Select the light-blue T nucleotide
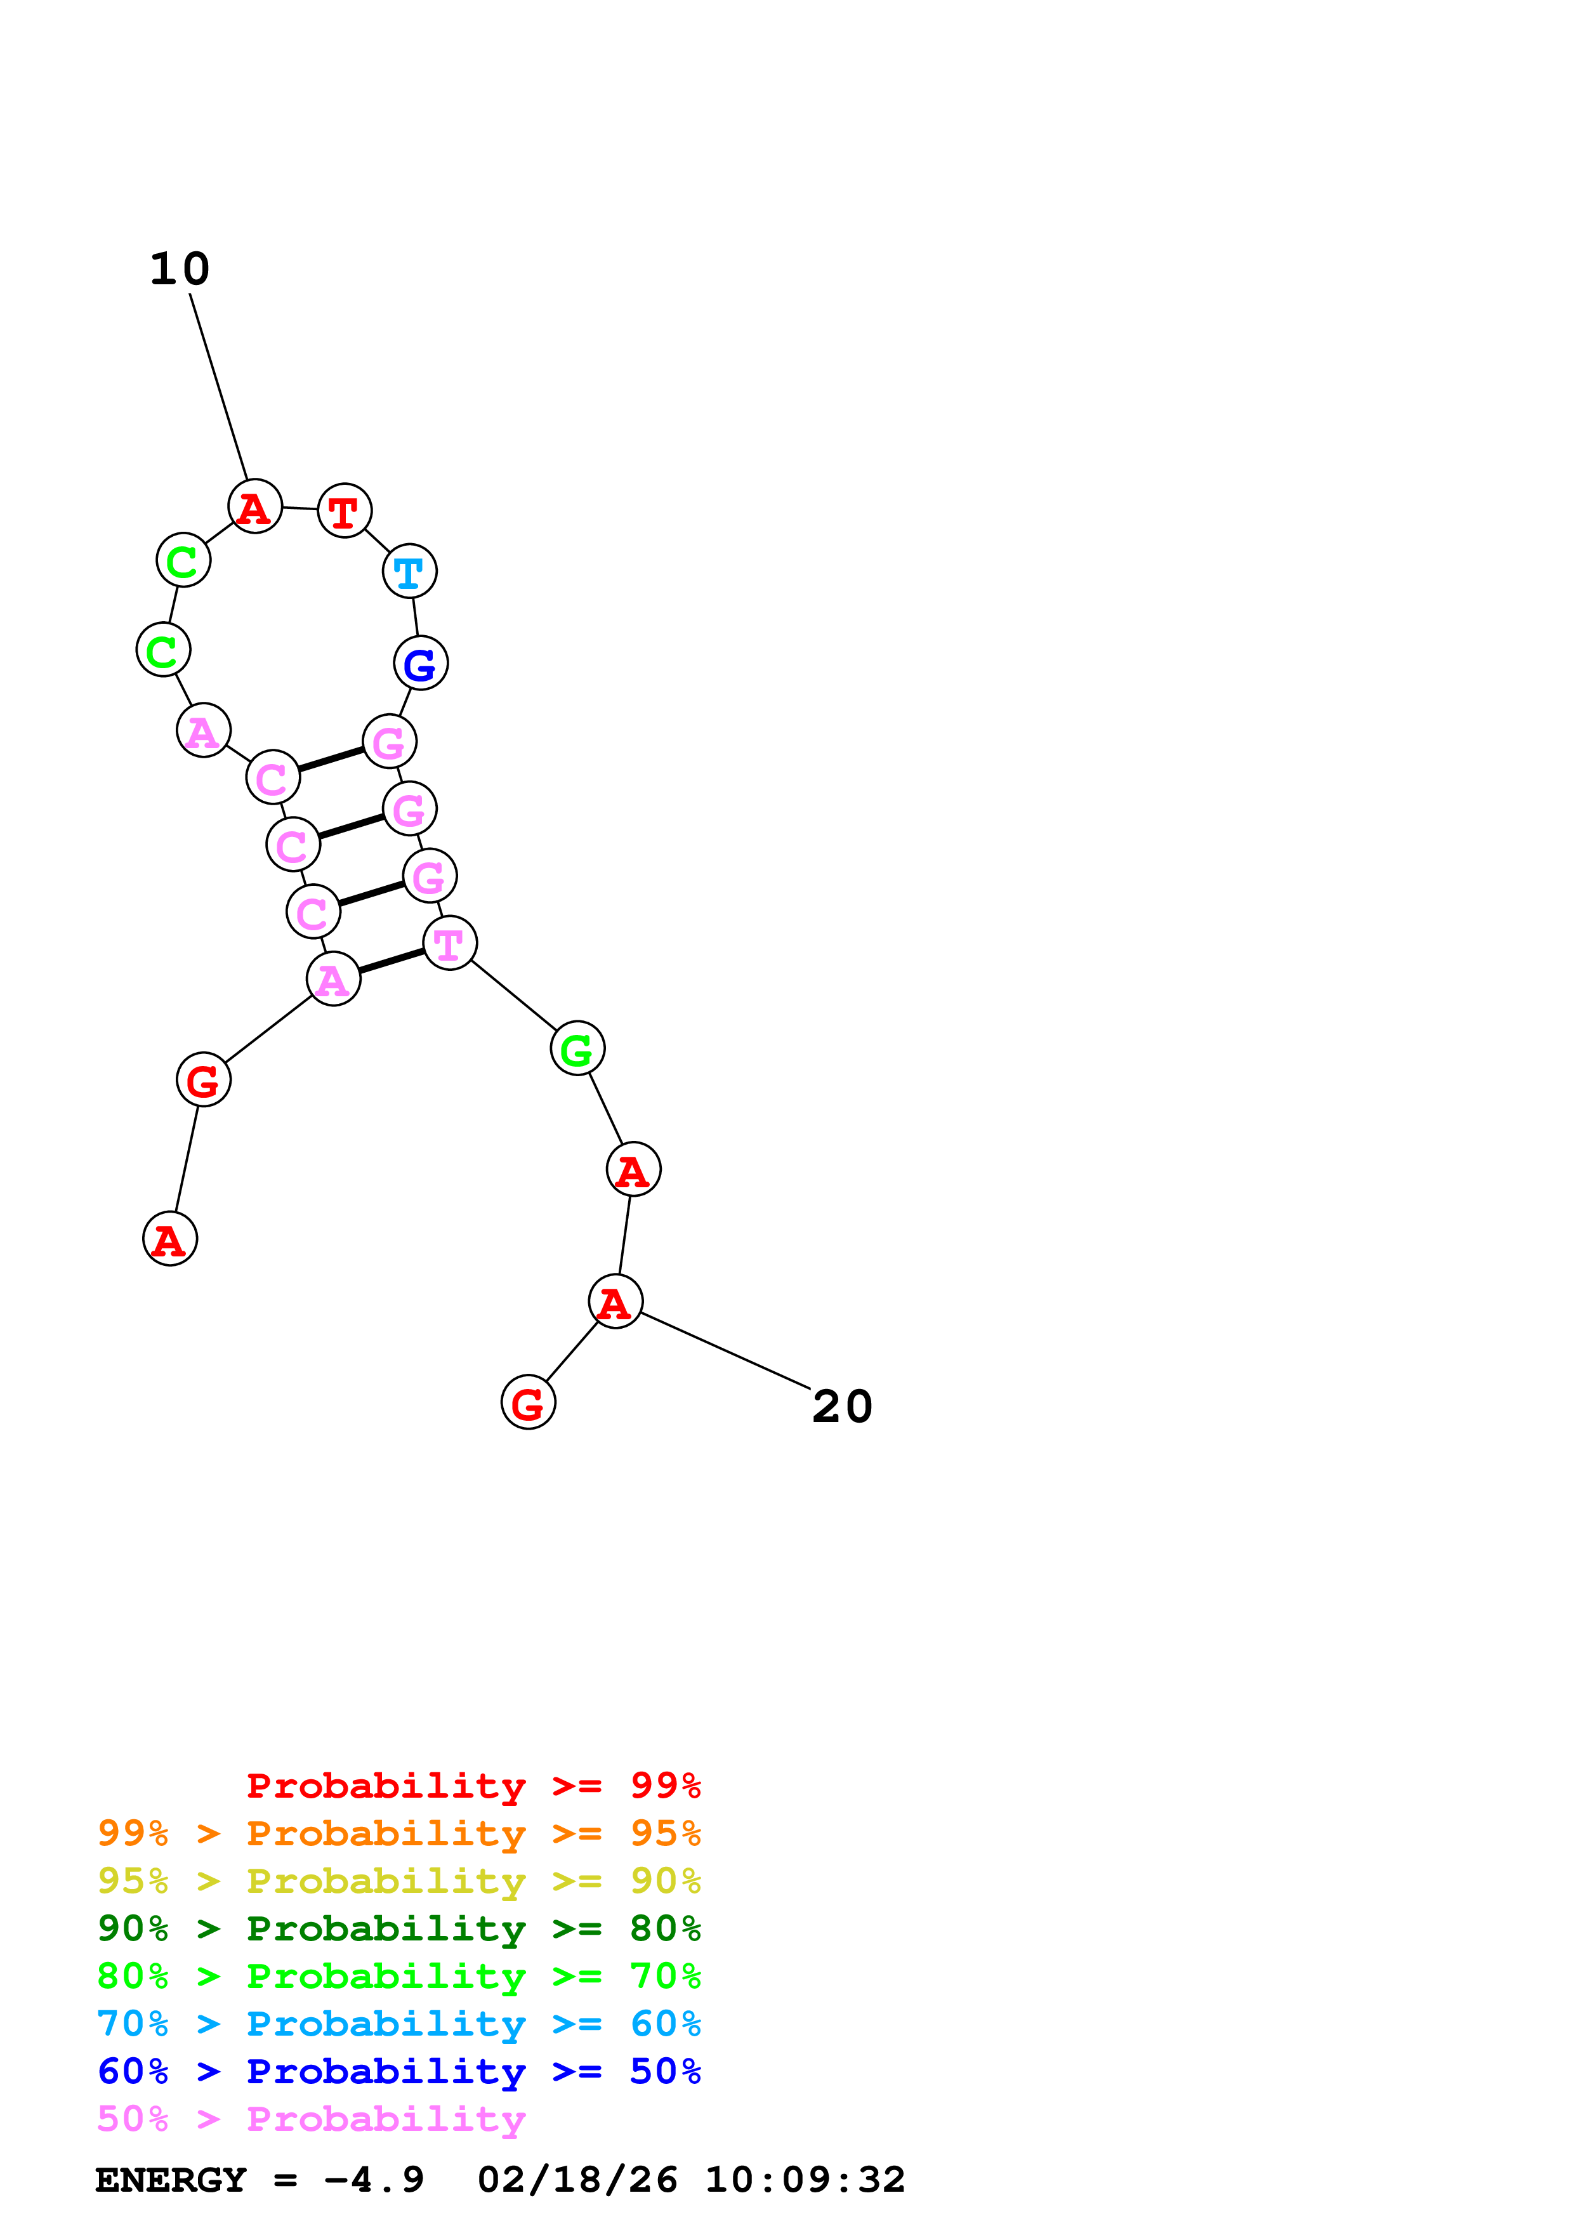(409, 571)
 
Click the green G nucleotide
(577, 1048)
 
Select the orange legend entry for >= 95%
(398, 1833)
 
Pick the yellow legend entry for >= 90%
(398, 1881)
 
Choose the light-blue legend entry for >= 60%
(398, 2024)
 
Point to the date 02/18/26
(577, 2180)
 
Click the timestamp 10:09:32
(805, 2180)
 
